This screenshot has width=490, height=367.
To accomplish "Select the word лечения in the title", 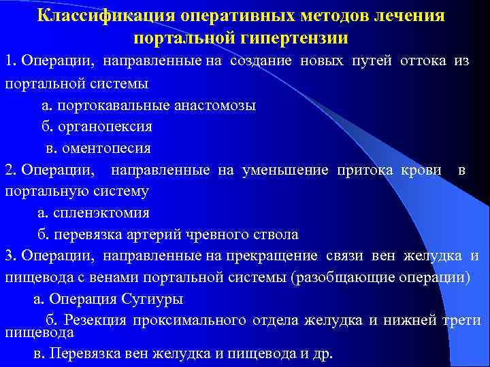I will point(411,15).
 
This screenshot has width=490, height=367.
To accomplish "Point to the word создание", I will point(261,62).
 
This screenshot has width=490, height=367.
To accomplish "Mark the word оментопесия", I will point(108,147).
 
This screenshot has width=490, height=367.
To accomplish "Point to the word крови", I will point(418,170).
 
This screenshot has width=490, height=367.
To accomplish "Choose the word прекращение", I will point(278,256).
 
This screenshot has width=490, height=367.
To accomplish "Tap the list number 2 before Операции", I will point(9,170).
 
